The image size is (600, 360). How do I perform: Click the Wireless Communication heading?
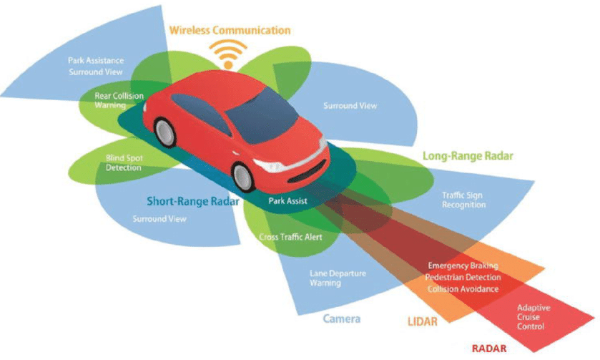coord(230,30)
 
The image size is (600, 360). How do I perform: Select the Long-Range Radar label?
coord(468,155)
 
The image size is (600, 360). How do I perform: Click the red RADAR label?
coord(490,349)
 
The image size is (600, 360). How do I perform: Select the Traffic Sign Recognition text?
coord(464,200)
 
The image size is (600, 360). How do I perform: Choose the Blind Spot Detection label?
coord(124,162)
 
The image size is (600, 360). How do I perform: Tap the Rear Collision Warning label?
coord(119,99)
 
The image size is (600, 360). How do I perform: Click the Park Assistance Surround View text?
coord(95,66)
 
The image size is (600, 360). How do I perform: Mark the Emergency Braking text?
coord(463,266)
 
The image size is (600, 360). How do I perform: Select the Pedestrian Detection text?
coord(463,277)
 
